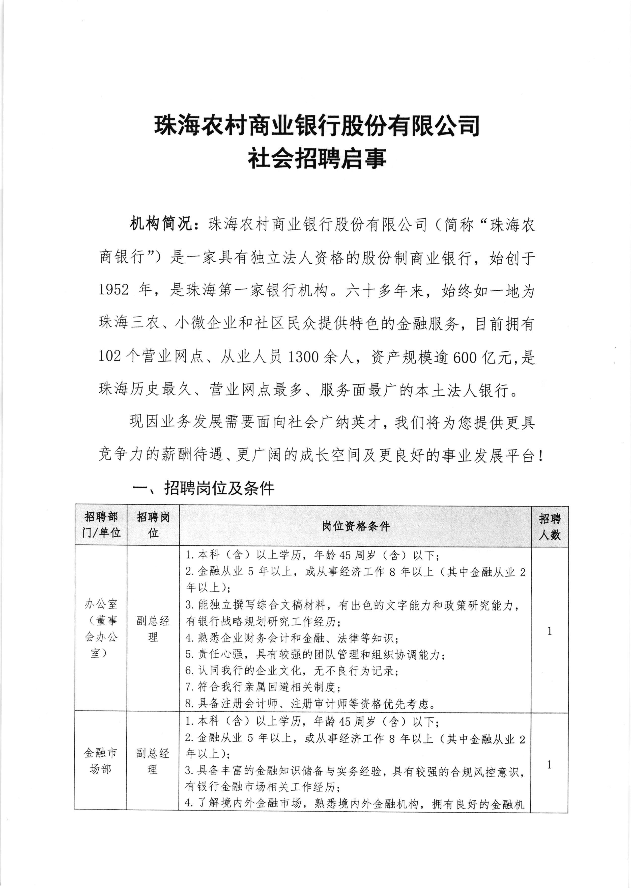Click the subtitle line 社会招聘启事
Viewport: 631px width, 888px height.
tap(318, 159)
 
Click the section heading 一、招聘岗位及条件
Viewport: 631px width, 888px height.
tap(204, 488)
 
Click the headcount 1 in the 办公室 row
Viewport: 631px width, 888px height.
tap(549, 631)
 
